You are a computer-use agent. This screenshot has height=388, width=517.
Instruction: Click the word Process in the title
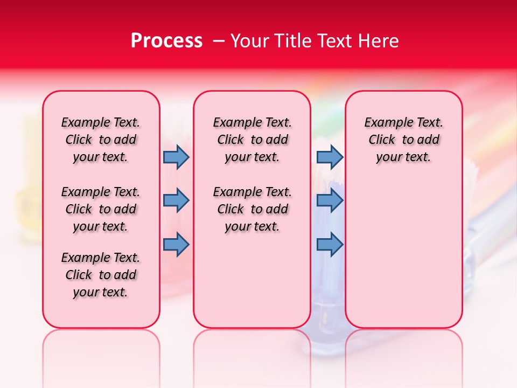point(166,41)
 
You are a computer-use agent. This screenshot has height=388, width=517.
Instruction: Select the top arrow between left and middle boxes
point(176,157)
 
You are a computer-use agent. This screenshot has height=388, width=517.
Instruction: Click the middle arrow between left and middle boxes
point(176,200)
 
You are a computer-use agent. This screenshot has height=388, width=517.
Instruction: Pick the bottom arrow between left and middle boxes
point(176,245)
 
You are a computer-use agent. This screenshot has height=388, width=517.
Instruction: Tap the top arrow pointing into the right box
point(330,157)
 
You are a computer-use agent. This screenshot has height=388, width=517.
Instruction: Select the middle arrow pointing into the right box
point(330,200)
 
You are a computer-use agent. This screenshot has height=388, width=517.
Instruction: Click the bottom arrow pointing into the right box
point(330,245)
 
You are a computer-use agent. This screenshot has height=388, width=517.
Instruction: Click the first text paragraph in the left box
point(101,140)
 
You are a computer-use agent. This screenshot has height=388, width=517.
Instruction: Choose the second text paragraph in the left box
point(101,209)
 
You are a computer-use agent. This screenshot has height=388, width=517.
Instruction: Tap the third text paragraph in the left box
point(101,275)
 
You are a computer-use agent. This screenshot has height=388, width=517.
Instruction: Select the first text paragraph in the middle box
point(252,140)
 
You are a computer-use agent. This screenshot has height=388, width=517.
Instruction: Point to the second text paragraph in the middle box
point(252,209)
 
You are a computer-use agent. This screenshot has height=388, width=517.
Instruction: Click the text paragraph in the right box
point(403,140)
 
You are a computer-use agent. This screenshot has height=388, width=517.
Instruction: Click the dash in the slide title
point(219,41)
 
